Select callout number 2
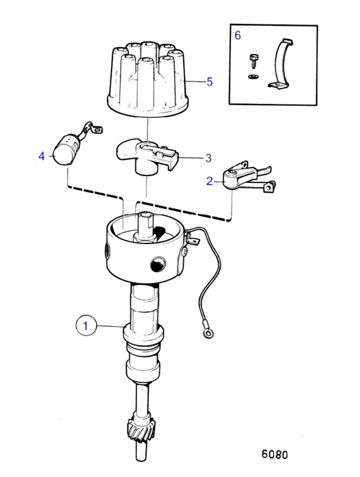tap(209, 181)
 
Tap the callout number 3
tap(208, 158)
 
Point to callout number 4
tap(41, 156)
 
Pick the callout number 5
tap(209, 82)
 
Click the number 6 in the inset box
tap(237, 34)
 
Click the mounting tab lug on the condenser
tap(97, 127)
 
